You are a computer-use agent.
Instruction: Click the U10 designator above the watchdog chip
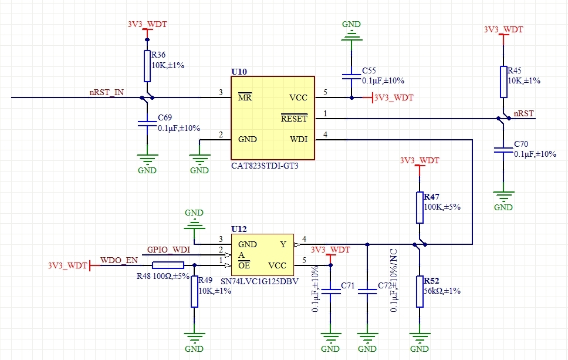pyautogui.click(x=239, y=72)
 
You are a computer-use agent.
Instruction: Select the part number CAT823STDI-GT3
pyautogui.click(x=265, y=166)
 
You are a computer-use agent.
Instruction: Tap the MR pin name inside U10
pyautogui.click(x=245, y=97)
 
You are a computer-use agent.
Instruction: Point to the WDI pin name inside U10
pyautogui.click(x=299, y=139)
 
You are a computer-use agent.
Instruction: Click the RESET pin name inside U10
pyautogui.click(x=294, y=118)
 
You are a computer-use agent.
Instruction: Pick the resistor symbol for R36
pyautogui.click(x=147, y=66)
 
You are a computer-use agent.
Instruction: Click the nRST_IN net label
pyautogui.click(x=107, y=92)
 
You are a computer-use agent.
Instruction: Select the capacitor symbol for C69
pyautogui.click(x=147, y=123)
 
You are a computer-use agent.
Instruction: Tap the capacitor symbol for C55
pyautogui.click(x=351, y=76)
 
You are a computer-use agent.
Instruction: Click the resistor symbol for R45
pyautogui.click(x=503, y=82)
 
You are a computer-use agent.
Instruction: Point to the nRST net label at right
pyautogui.click(x=524, y=113)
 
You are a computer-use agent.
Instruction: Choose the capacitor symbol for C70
pyautogui.click(x=503, y=150)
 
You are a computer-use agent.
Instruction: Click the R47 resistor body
pyautogui.click(x=420, y=207)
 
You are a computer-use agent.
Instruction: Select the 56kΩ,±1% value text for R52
pyautogui.click(x=442, y=291)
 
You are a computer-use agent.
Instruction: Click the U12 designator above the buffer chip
pyautogui.click(x=239, y=229)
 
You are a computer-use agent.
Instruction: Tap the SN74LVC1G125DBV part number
pyautogui.click(x=260, y=281)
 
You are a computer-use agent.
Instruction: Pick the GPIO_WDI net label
pyautogui.click(x=168, y=250)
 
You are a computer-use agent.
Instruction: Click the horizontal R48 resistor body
pyautogui.click(x=168, y=265)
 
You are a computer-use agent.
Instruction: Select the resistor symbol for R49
pyautogui.click(x=195, y=291)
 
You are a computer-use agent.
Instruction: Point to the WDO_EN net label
pyautogui.click(x=119, y=260)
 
